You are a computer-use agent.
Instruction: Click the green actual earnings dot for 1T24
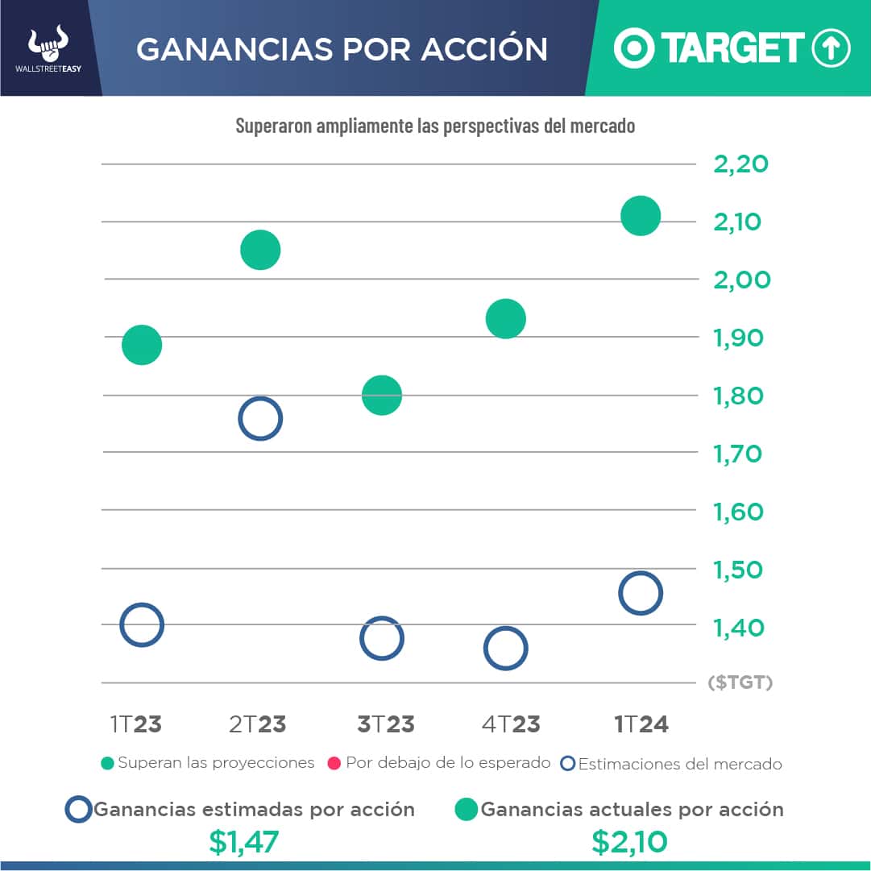tap(641, 216)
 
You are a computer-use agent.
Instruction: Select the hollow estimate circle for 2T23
tap(259, 418)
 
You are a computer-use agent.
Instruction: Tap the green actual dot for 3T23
tap(382, 395)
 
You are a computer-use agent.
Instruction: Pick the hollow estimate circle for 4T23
tap(505, 648)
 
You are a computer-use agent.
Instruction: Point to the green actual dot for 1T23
tap(142, 345)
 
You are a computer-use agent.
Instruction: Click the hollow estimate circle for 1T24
tap(641, 593)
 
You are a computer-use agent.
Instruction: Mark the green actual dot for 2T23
tap(259, 250)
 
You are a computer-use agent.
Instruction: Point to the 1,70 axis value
tap(737, 454)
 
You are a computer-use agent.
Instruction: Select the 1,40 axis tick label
tap(737, 628)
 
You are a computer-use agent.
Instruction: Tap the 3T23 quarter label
tap(386, 724)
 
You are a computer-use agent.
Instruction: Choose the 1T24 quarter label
tap(641, 724)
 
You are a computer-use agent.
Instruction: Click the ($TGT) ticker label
tap(740, 683)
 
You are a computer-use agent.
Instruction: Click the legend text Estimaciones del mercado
tap(680, 764)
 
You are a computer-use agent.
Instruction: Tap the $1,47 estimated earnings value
tap(243, 842)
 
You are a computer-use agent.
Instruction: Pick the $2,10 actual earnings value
tap(628, 842)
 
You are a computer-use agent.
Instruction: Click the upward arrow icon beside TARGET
tap(831, 48)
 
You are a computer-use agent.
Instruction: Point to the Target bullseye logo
tap(634, 48)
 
